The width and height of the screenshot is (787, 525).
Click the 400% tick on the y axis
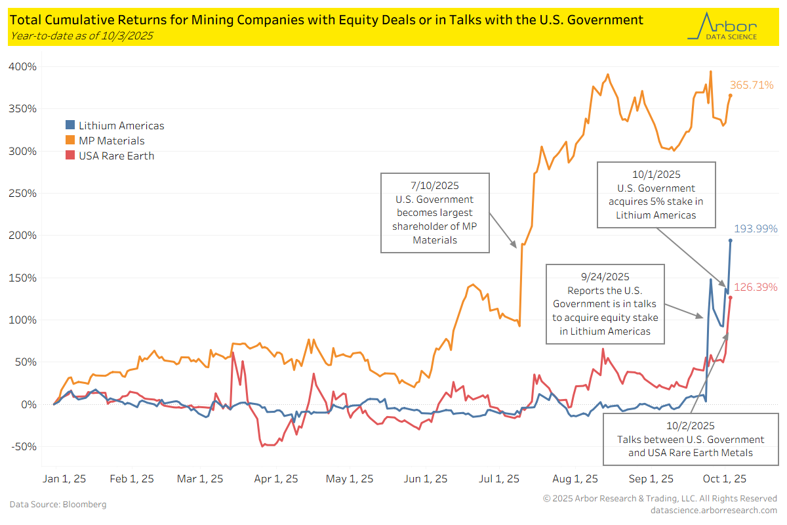(22, 67)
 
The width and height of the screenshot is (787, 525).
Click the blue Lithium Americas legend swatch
(70, 125)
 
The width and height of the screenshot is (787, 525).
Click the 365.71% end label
(752, 85)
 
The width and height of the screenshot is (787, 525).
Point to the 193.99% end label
(756, 229)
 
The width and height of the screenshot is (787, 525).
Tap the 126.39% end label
(756, 287)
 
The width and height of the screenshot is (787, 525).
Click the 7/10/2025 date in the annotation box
(435, 186)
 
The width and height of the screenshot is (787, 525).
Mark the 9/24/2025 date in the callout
(604, 277)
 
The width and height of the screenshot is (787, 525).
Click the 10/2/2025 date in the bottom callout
(691, 426)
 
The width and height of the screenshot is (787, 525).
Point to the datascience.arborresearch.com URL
(714, 510)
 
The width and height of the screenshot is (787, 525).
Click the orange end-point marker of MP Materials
(731, 96)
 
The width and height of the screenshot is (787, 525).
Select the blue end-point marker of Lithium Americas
(731, 240)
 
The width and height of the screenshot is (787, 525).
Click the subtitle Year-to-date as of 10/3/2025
(82, 35)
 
